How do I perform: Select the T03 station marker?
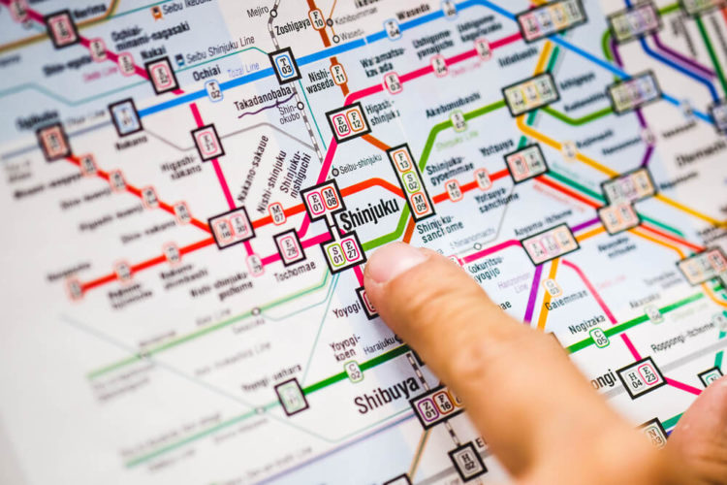coord(284,65)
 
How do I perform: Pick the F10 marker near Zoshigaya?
coord(316,18)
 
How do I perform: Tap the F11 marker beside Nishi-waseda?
coord(338,73)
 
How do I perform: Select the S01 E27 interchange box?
coord(344,252)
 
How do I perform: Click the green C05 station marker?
coord(600,337)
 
